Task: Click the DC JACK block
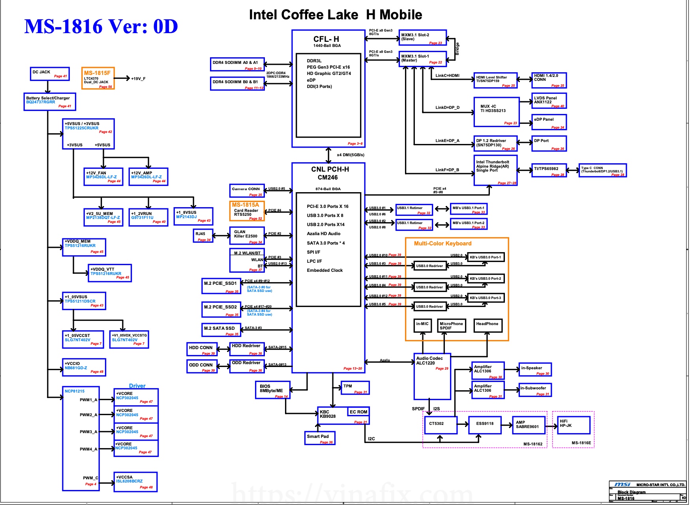pos(50,74)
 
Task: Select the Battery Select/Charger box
pos(49,102)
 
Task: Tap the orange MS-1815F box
pos(98,78)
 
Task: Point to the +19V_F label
pos(138,79)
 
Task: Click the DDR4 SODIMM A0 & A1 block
pos(237,64)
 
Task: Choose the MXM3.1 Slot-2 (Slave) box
pos(422,37)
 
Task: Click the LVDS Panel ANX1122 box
pos(549,101)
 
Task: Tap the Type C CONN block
pos(602,170)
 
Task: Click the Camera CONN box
pos(247,191)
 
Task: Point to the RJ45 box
pos(203,236)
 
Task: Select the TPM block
pos(355,388)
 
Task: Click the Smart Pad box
pos(320,438)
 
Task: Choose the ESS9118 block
pos(485,425)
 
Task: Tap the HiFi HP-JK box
pos(573,425)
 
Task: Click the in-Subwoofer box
pos(534,390)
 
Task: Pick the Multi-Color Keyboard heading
pos(442,243)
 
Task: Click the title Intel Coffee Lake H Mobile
pos(336,15)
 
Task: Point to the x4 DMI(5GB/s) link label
pos(351,155)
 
